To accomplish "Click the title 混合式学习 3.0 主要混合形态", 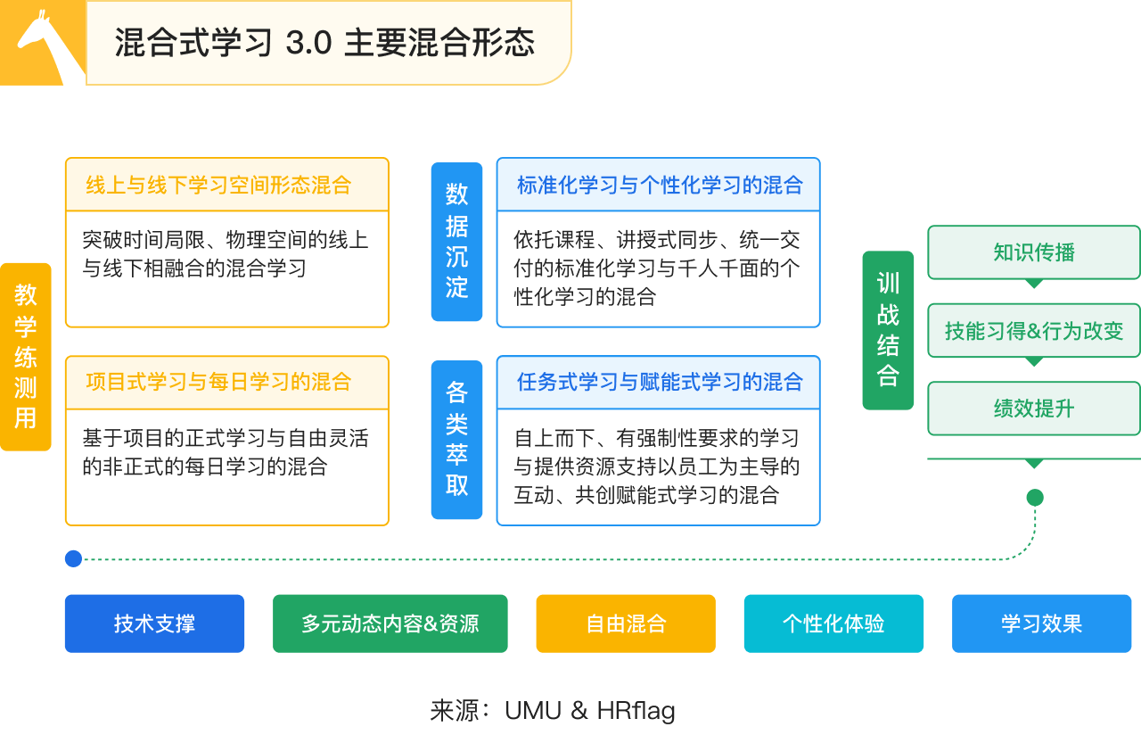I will click(x=324, y=43).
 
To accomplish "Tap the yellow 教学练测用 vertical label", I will click(x=26, y=356).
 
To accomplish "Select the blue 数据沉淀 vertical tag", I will click(x=456, y=241).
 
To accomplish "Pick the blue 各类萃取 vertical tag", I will click(x=456, y=439).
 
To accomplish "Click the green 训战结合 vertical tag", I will click(x=888, y=330).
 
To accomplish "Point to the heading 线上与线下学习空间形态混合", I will click(x=218, y=186).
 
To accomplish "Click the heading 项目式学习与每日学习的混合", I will click(x=218, y=383).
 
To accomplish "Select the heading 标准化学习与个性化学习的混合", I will click(x=660, y=186).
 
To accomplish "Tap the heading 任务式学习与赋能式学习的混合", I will click(x=660, y=383).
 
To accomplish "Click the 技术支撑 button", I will click(x=154, y=624).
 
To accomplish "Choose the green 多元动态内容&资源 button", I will click(x=390, y=624).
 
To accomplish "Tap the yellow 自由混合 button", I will click(x=626, y=624).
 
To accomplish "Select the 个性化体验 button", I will click(x=833, y=624).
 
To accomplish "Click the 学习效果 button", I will click(x=1041, y=624).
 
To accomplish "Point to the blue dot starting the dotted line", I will click(x=73, y=558).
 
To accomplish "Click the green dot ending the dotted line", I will click(x=1034, y=498).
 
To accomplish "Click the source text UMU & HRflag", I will click(x=553, y=711).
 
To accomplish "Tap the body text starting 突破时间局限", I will click(x=225, y=254).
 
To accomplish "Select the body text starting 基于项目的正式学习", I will click(x=225, y=452).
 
